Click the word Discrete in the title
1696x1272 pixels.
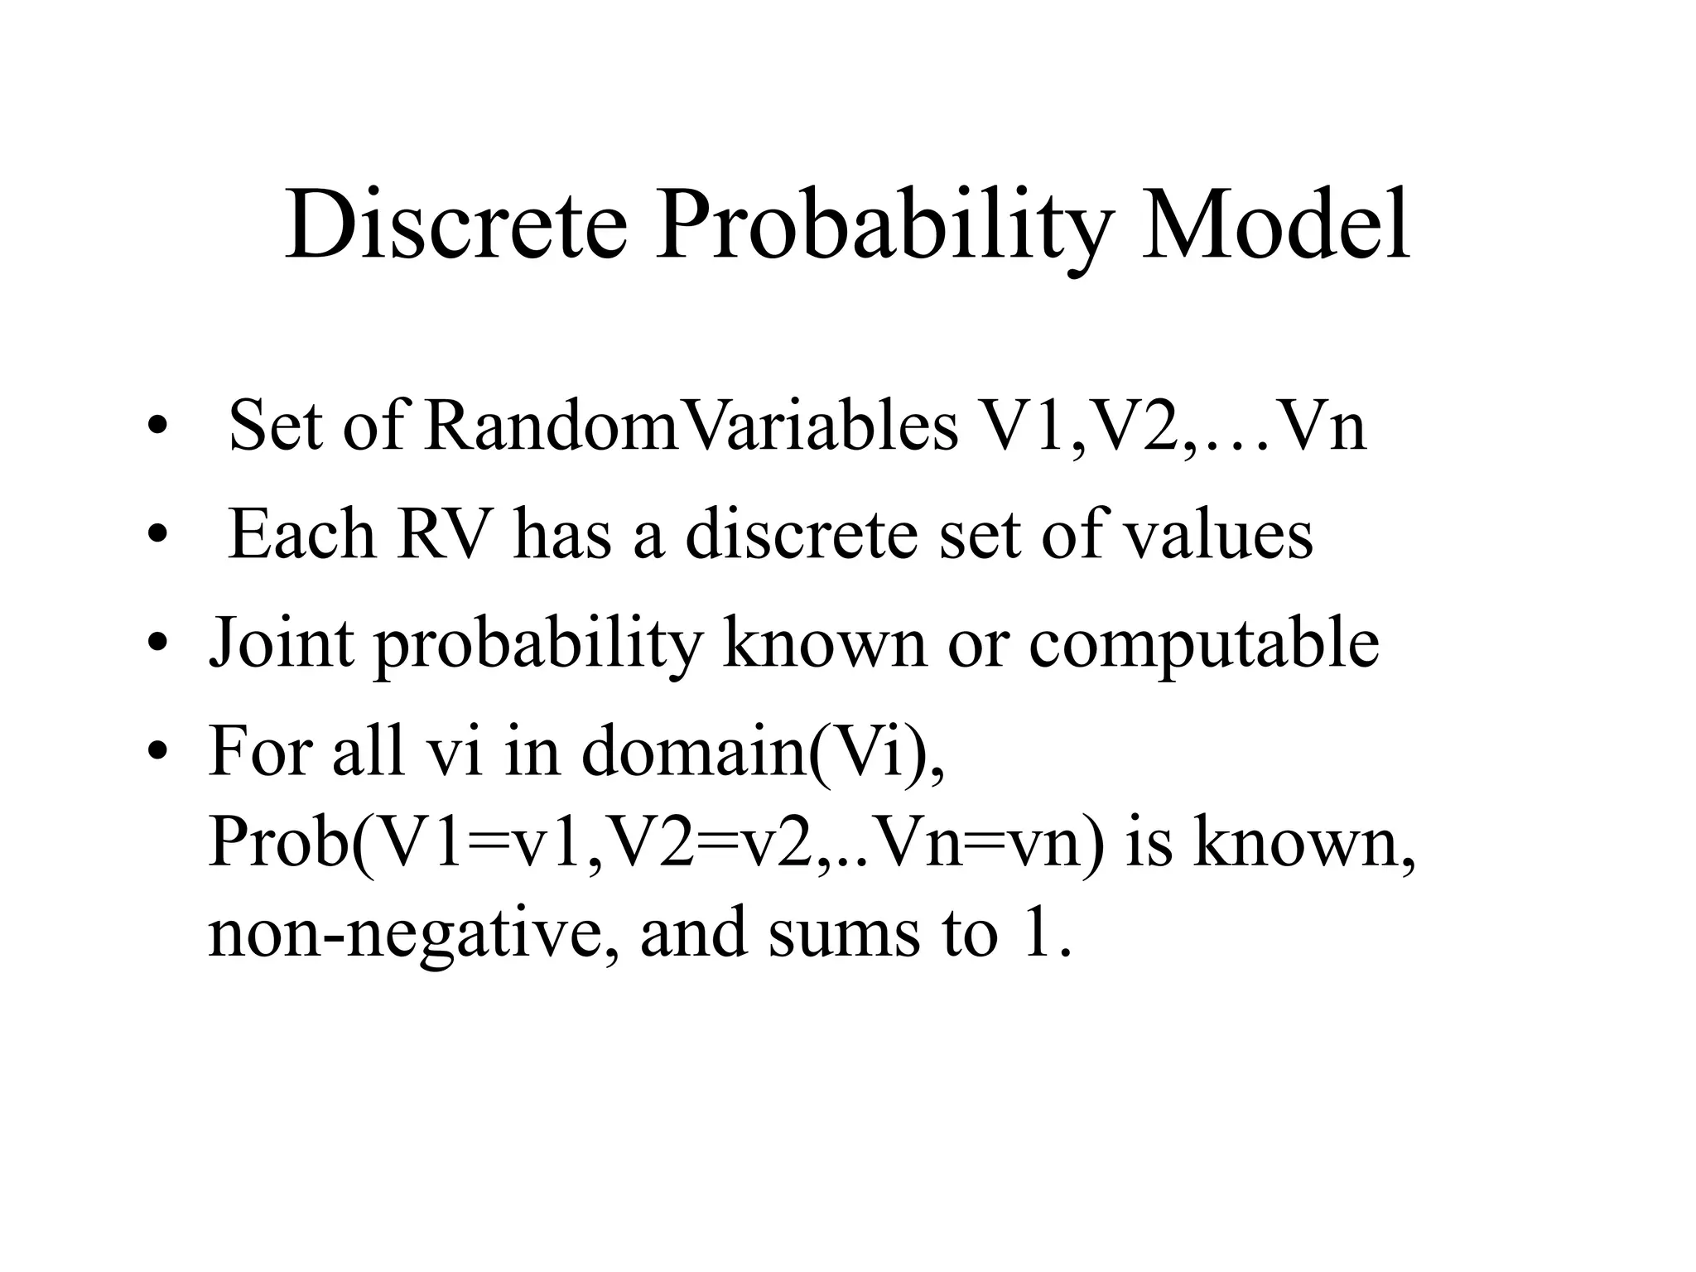pyautogui.click(x=455, y=225)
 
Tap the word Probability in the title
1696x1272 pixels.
pyautogui.click(x=883, y=225)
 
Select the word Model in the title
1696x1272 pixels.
pyautogui.click(x=1276, y=225)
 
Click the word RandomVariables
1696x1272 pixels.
pyautogui.click(x=691, y=427)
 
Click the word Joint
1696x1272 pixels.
pyautogui.click(x=281, y=644)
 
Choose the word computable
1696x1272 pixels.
pyautogui.click(x=1204, y=644)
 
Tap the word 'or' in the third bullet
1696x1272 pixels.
pyautogui.click(x=978, y=644)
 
